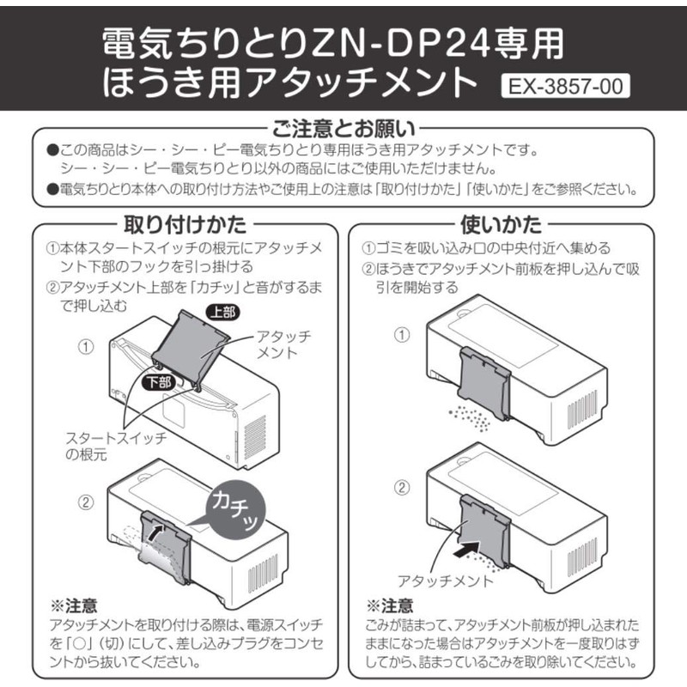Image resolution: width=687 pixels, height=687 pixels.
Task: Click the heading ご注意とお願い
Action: pos(343,130)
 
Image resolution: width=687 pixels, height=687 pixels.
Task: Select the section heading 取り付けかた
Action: pos(185,225)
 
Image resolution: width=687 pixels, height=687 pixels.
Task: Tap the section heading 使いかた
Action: pos(502,225)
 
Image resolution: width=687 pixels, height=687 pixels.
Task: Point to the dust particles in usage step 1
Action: pos(469,419)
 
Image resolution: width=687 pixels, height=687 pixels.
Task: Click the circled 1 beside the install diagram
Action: pos(86,348)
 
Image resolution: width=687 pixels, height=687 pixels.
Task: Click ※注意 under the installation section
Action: pos(73,605)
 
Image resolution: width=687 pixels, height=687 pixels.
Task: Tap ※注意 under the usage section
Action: pos(389,605)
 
